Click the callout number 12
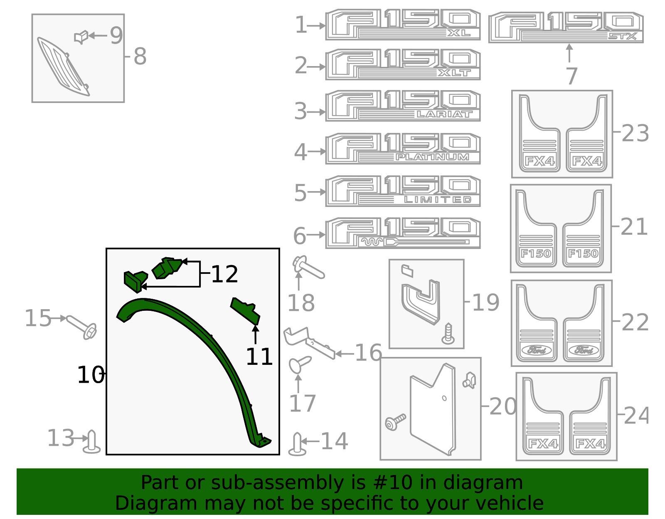224,274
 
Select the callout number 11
259,357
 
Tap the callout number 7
571,76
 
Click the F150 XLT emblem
402,65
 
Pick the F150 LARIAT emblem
402,106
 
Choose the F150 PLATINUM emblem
402,149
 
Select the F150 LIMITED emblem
402,191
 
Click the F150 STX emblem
566,27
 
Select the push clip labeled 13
91,443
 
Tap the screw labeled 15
82,327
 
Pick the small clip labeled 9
81,37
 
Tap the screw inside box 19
448,334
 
